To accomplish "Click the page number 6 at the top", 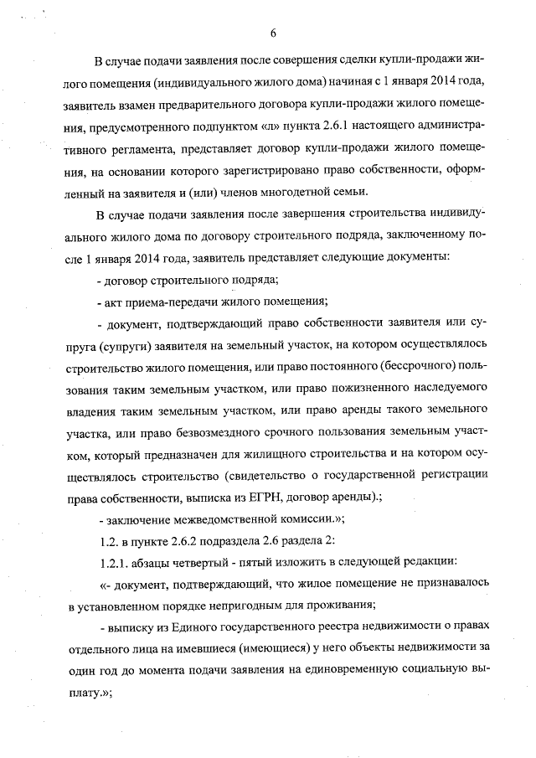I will [x=273, y=34].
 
